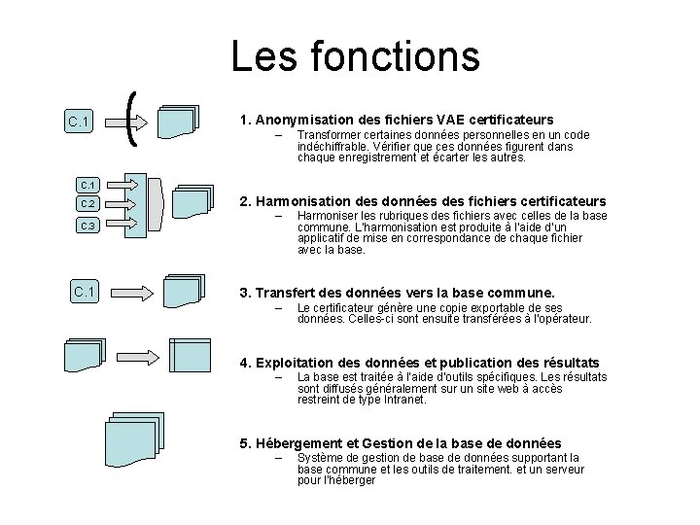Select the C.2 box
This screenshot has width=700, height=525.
[87, 204]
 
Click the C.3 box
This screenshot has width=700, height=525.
[87, 226]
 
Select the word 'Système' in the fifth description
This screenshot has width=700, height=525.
[319, 457]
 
